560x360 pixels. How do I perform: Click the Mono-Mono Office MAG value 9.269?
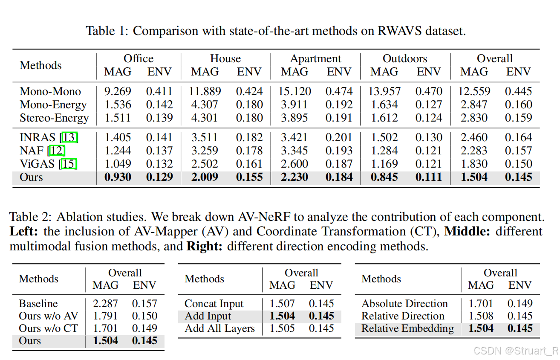click(x=118, y=91)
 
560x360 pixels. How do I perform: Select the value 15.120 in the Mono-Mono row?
click(x=294, y=91)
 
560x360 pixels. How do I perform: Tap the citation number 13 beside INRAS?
click(x=69, y=137)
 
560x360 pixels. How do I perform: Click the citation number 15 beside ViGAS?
click(x=68, y=164)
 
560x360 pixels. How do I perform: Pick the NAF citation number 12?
click(x=57, y=151)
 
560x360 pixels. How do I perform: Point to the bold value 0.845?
click(x=384, y=177)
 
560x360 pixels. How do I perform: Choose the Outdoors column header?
click(x=405, y=58)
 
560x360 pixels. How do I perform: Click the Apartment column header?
click(x=315, y=59)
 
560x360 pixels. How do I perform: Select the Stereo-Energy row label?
click(x=54, y=118)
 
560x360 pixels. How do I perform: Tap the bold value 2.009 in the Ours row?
click(x=205, y=177)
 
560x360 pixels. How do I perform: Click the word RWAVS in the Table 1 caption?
click(x=399, y=31)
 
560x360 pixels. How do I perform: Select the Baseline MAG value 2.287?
click(x=105, y=304)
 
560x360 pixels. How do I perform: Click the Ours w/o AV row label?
click(x=49, y=316)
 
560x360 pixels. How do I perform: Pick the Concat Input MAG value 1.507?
click(x=282, y=304)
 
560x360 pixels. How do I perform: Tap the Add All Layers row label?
click(x=219, y=329)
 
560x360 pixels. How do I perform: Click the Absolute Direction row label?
click(x=404, y=304)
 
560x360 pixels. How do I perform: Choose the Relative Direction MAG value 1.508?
click(x=481, y=316)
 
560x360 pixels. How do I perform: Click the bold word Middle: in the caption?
click(x=467, y=232)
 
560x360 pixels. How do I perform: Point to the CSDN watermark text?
click(x=516, y=351)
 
